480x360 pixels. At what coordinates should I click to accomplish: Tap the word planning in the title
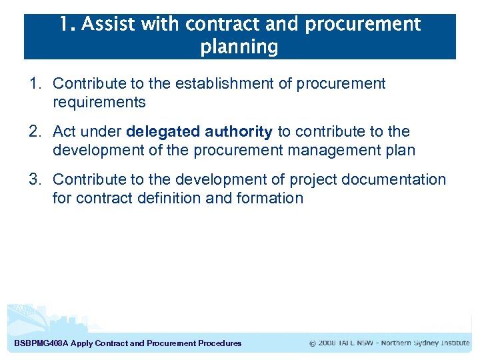[x=239, y=47]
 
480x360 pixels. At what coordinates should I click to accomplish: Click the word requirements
[x=99, y=103]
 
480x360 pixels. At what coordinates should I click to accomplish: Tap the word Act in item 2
[x=65, y=132]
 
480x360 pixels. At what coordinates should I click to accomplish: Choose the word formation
[x=270, y=199]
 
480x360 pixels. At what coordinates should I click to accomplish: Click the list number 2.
[x=35, y=132]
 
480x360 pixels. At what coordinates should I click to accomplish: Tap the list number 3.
[x=35, y=180]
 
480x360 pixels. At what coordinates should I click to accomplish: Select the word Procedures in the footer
[x=220, y=343]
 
